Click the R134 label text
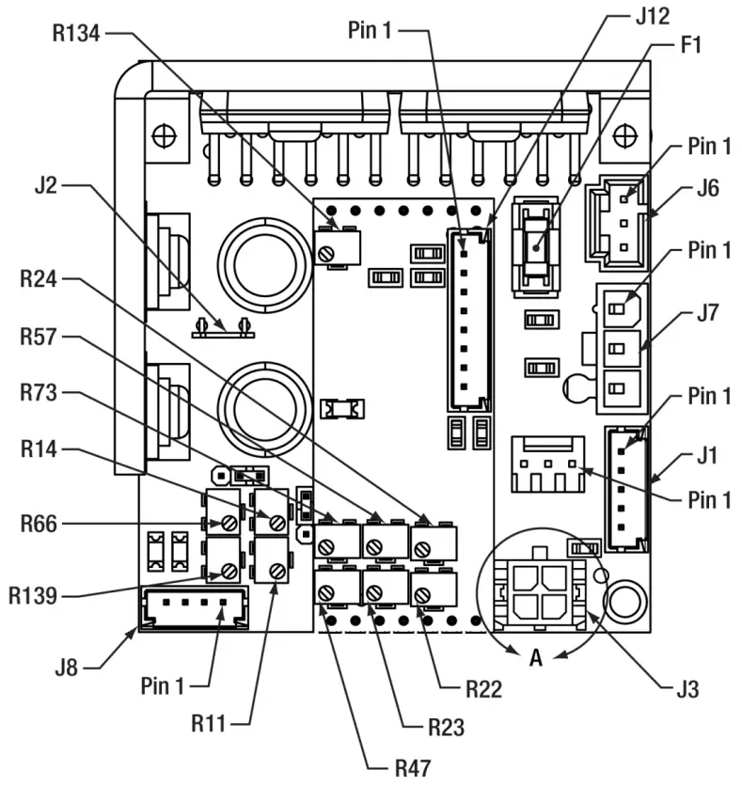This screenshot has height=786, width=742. click(x=76, y=33)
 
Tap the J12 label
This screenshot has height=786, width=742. click(x=653, y=16)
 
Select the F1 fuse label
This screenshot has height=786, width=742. click(x=690, y=44)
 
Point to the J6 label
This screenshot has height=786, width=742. click(x=708, y=188)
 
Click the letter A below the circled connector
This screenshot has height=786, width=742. click(x=536, y=657)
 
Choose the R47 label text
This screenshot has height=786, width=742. click(x=413, y=768)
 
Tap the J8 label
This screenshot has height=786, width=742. click(x=66, y=668)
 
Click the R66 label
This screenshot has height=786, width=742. click(x=39, y=524)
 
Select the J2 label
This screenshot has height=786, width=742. click(x=46, y=185)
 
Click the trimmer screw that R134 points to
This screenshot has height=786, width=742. click(x=326, y=254)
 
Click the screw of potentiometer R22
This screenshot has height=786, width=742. click(x=422, y=595)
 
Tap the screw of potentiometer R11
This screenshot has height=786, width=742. click(x=277, y=571)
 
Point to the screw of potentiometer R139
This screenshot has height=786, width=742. click(x=229, y=571)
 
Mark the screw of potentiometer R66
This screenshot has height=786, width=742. click(x=229, y=524)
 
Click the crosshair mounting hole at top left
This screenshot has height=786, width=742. click(x=164, y=135)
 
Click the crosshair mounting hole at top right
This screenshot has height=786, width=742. click(x=625, y=135)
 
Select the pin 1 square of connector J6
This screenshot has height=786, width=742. click(x=624, y=199)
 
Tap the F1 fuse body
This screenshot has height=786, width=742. click(x=536, y=247)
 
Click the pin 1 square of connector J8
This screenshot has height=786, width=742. click(x=223, y=602)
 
